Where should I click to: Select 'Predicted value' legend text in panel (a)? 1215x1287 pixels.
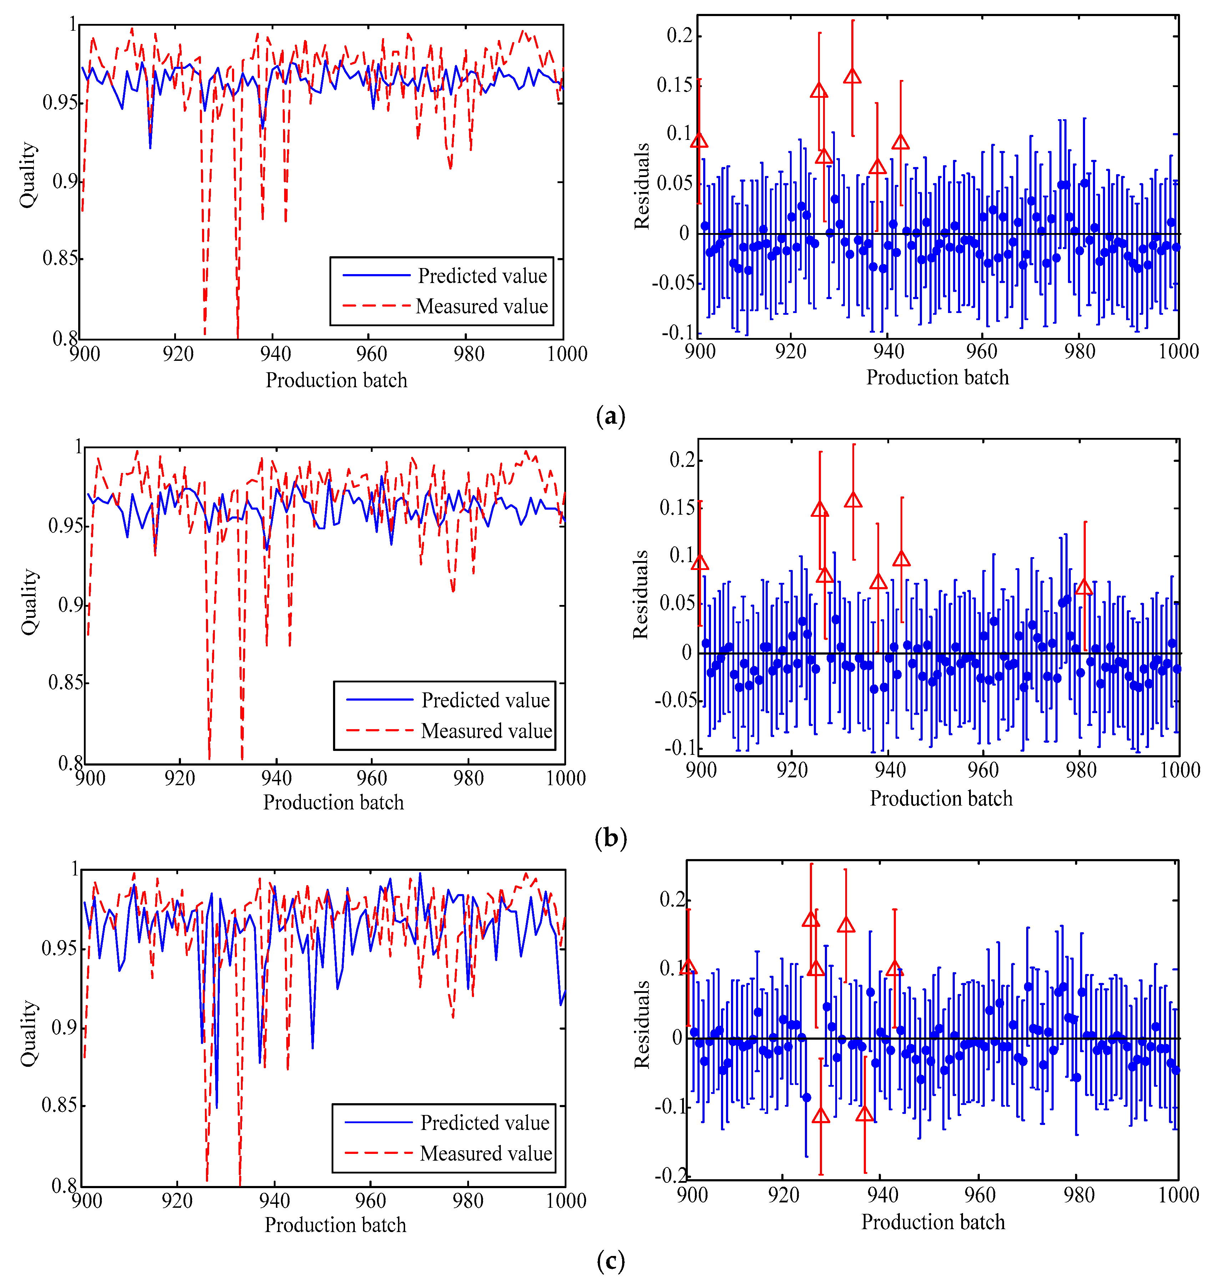coord(482,276)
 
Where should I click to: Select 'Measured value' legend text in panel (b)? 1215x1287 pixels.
coord(486,731)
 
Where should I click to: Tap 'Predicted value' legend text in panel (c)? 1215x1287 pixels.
coord(484,1122)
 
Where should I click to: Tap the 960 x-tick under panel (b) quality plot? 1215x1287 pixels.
coord(372,778)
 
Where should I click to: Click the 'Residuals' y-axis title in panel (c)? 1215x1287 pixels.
coord(641,1025)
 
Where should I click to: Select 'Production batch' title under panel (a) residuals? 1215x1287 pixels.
coord(937,377)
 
